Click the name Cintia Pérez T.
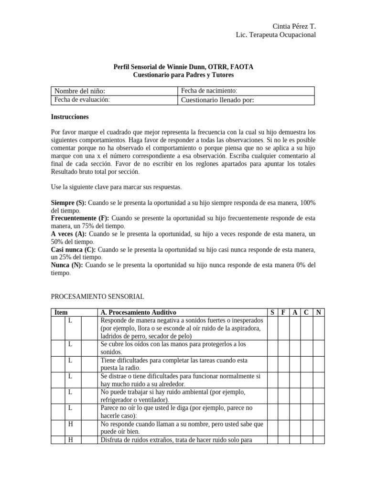coord(294,26)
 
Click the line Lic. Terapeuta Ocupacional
coord(276,35)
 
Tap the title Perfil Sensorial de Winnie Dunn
coord(183,67)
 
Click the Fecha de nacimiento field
coord(246,91)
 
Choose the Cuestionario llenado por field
coord(246,100)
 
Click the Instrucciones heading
coord(70,117)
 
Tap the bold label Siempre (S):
coord(68,203)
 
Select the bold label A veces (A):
coord(68,234)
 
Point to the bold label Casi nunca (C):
coord(73,250)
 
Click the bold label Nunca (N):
coord(67,265)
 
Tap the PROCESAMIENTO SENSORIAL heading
coord(97,297)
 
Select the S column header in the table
coord(272,312)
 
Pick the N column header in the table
coord(319,312)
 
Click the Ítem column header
coord(61,312)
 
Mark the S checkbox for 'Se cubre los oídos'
coord(272,348)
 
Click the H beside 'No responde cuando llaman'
coord(70,424)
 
